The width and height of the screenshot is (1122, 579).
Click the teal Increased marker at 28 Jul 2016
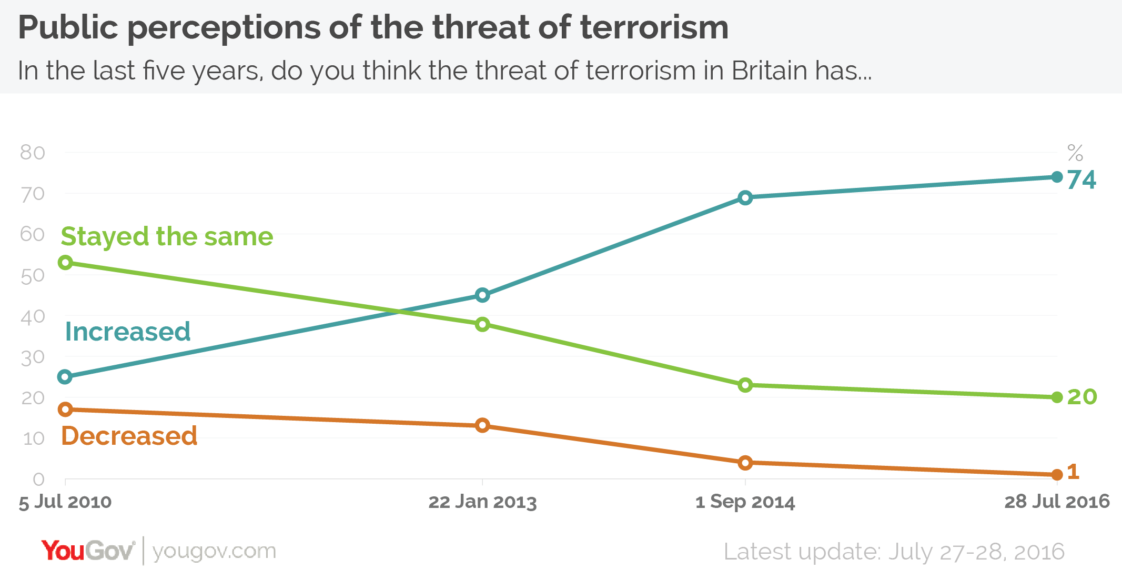point(1057,177)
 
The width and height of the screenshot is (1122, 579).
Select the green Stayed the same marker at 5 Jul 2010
point(65,262)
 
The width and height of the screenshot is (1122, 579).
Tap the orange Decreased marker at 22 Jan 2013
point(482,425)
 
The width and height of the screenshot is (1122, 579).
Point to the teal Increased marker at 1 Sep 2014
point(745,198)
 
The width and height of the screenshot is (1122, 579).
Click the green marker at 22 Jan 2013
point(482,324)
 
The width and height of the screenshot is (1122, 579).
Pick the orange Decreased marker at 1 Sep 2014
point(745,463)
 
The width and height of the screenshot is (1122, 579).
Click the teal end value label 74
point(1081,180)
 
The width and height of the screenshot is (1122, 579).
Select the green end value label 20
point(1082,397)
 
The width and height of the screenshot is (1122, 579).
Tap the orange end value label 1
point(1074,472)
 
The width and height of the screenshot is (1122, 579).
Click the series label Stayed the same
point(167,236)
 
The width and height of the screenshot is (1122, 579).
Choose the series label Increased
point(127,332)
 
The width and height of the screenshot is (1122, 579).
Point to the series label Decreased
point(129,436)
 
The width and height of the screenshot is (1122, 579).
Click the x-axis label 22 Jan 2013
point(482,502)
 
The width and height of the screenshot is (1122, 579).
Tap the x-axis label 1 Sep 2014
point(745,502)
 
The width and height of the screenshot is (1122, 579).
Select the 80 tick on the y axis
point(33,153)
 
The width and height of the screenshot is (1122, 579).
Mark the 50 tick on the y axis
point(33,276)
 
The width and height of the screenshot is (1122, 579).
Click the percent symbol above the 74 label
point(1075,153)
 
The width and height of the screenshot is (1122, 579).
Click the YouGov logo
point(88,551)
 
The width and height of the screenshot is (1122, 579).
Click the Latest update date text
point(894,552)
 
